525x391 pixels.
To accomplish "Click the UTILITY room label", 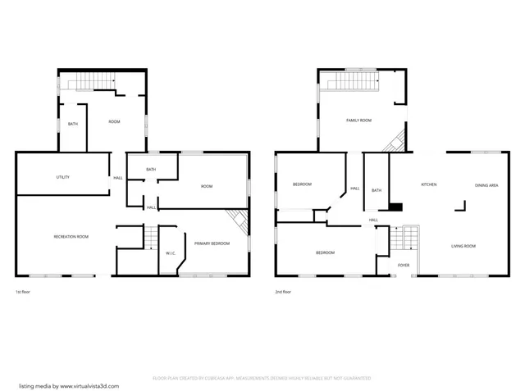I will (62, 177).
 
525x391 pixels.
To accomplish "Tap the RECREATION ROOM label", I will (71, 237).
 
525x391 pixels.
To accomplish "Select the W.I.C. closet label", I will (171, 253).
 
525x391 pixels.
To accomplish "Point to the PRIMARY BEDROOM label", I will (212, 243).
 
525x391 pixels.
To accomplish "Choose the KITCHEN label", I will (429, 185).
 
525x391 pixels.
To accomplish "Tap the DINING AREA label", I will (486, 185).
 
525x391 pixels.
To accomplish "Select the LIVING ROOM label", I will (463, 246).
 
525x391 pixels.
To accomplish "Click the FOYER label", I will (404, 265).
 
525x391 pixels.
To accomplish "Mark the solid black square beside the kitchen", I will (396, 207).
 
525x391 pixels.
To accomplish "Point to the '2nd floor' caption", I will (284, 292).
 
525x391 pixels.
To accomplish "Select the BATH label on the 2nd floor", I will (377, 190).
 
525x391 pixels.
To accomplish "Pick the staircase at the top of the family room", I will (351, 82).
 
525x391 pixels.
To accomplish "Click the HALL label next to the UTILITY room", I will (118, 178).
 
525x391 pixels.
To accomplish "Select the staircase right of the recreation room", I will (148, 238).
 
